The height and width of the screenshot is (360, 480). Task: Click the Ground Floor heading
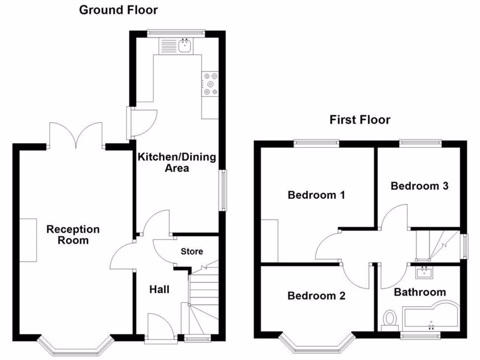[x=118, y=10]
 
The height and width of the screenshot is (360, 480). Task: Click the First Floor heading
[x=360, y=120]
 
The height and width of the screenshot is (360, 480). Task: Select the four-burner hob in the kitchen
[x=210, y=83]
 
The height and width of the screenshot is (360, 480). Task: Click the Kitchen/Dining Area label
[x=177, y=162]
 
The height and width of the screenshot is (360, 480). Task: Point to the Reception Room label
[x=73, y=235]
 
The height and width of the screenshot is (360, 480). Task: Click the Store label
[x=192, y=252]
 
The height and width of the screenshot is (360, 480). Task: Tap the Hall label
[x=159, y=290]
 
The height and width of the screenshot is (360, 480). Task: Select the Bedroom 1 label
[x=316, y=195]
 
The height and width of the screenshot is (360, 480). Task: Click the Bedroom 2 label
[x=316, y=296]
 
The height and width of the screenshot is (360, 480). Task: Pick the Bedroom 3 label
[x=420, y=186]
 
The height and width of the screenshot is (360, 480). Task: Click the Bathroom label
[x=420, y=292]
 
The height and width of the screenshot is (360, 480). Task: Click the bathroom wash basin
[x=424, y=271]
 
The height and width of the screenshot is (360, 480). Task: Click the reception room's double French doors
[x=76, y=136]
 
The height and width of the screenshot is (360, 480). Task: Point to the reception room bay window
[x=75, y=347]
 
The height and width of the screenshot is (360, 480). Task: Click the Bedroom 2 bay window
[x=316, y=345]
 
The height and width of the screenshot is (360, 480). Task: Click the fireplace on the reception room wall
[x=28, y=240]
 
